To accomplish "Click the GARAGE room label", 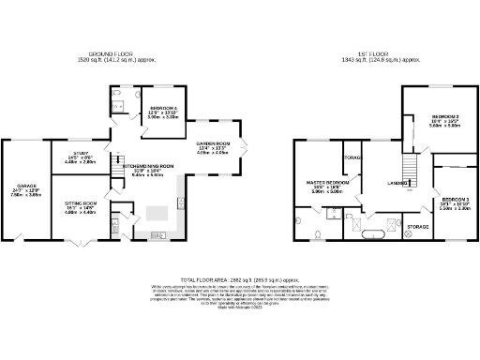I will pos(25,187).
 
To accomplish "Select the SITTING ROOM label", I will pos(80,202).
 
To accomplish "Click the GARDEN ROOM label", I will pos(213,142).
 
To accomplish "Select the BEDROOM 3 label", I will pos(456,200).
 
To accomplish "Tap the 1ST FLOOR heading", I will pos(367,53).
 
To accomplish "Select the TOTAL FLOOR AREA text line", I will pos(240,279).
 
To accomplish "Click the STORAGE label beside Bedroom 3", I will pos(418,227).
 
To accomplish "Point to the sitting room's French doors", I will pos(80,246).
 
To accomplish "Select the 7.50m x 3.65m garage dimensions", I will pos(25,195).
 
